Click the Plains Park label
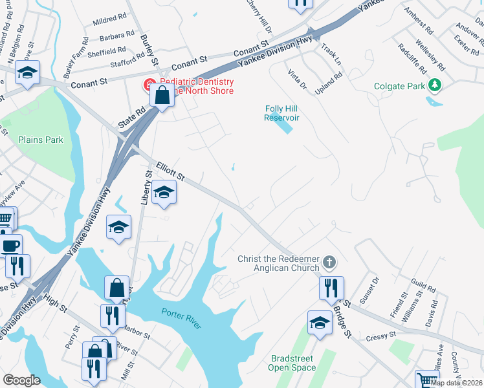click(x=41, y=140)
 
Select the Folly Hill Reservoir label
click(x=282, y=113)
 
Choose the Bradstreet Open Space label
click(x=292, y=363)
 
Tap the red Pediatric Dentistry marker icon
click(x=148, y=85)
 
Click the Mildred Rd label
click(x=105, y=21)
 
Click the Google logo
click(x=21, y=380)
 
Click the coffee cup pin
click(x=10, y=246)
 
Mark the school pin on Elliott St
click(x=164, y=192)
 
